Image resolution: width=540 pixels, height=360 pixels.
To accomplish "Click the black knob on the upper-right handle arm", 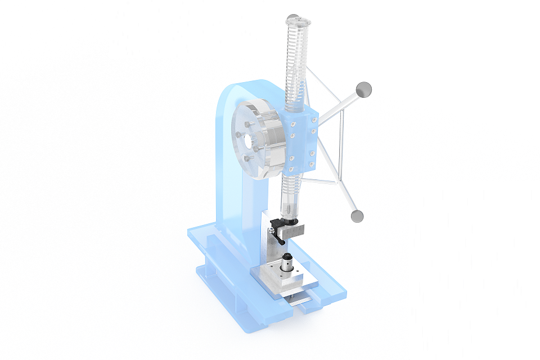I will pyautogui.click(x=364, y=89).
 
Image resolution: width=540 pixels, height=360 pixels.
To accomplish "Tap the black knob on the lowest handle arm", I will pyautogui.click(x=355, y=215).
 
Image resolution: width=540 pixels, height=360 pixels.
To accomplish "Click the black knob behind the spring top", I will pyautogui.click(x=291, y=18).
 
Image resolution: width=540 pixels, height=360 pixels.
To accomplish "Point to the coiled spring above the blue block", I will pyautogui.click(x=296, y=67).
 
